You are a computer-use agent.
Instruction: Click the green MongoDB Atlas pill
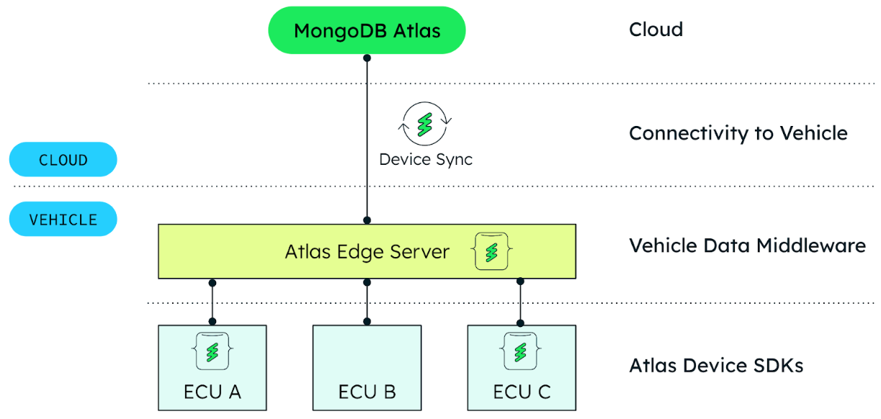[367, 30]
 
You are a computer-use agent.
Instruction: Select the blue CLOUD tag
[63, 160]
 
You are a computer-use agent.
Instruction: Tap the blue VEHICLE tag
[63, 219]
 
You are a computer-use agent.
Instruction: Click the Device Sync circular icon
[425, 124]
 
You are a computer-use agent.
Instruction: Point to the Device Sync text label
[426, 159]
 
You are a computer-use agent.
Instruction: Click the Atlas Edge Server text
[367, 252]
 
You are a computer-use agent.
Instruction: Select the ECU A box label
[212, 392]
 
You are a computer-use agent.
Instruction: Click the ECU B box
[367, 367]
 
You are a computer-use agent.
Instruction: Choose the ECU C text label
[522, 392]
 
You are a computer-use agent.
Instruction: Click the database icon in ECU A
[212, 351]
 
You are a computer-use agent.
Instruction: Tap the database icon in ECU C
[521, 351]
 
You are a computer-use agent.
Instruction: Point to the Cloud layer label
[656, 30]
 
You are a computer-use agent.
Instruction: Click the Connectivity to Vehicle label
[738, 133]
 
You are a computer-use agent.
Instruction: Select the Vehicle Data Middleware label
[747, 245]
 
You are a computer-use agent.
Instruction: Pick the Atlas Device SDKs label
[716, 366]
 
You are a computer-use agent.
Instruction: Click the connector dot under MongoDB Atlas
[367, 58]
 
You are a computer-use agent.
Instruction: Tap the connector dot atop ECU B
[367, 321]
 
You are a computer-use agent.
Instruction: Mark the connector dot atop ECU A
[212, 321]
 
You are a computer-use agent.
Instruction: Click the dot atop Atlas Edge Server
[367, 220]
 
